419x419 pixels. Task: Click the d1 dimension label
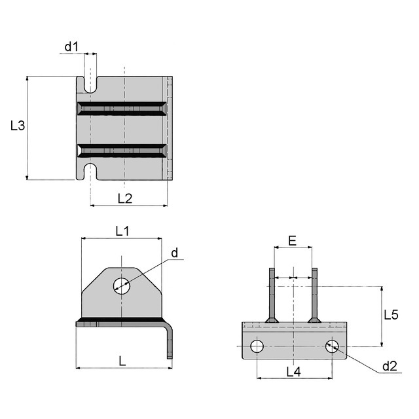71,47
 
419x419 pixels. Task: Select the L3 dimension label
18,126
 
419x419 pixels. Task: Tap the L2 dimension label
124,198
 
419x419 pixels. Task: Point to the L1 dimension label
122,230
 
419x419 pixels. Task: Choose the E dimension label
293,240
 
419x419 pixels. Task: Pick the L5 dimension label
391,314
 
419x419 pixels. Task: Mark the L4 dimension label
293,371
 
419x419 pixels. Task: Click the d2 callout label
390,366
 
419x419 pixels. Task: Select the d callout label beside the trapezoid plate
174,253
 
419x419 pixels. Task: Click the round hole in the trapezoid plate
121,285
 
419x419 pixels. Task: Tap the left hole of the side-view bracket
257,346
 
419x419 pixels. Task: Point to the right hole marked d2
333,346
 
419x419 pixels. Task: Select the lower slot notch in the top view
90,172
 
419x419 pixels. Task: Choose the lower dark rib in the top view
122,151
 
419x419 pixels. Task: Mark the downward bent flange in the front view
171,340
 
